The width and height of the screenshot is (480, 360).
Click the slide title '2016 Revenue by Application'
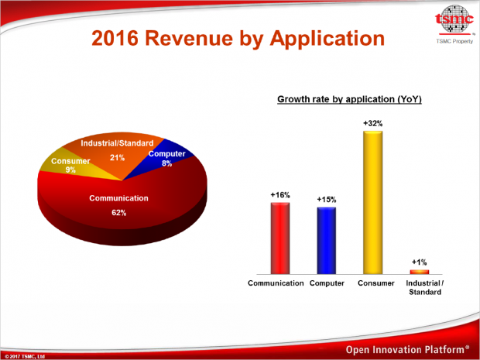click(x=238, y=38)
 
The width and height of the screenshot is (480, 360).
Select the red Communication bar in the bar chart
click(x=280, y=238)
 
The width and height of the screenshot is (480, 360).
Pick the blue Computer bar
click(x=327, y=241)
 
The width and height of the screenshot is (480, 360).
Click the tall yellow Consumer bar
click(x=373, y=203)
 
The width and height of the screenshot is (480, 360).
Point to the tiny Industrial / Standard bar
click(x=419, y=272)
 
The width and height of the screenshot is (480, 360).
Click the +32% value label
click(x=373, y=123)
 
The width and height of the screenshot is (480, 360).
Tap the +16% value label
click(x=280, y=195)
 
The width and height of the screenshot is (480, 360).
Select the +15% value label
click(x=327, y=200)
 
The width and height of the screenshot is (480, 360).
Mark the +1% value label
click(x=419, y=262)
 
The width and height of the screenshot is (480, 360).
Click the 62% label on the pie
click(x=119, y=212)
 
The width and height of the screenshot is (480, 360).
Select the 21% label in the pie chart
click(x=118, y=157)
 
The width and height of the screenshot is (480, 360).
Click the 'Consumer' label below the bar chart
click(x=373, y=283)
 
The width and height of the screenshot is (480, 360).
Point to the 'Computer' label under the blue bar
click(x=327, y=283)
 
